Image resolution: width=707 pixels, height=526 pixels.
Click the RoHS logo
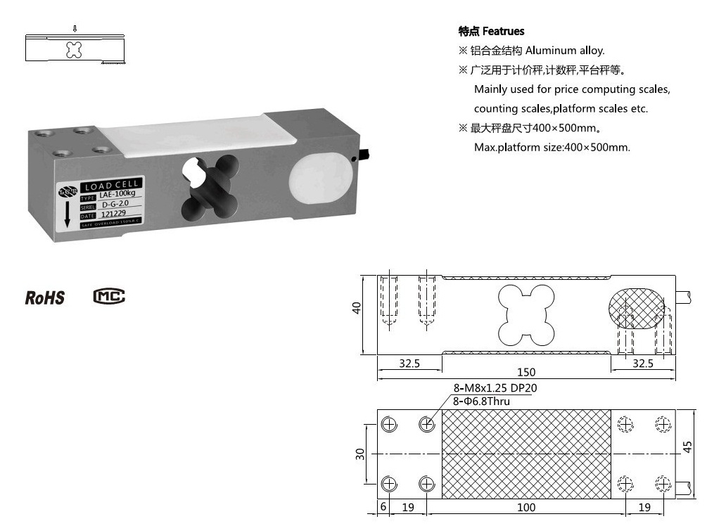point(45,297)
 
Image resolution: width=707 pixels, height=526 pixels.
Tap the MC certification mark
point(108,296)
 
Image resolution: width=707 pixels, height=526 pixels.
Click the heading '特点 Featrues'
point(491,32)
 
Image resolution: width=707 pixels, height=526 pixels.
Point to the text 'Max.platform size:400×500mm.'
point(552,148)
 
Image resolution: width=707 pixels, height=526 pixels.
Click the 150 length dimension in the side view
point(526,372)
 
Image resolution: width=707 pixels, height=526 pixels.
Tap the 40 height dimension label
point(357,308)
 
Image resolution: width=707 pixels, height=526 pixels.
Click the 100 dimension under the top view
point(526,507)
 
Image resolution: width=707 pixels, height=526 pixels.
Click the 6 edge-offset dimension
point(383,506)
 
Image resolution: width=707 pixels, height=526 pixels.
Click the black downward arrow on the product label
point(68,212)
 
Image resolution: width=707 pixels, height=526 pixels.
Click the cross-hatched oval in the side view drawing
point(637,307)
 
